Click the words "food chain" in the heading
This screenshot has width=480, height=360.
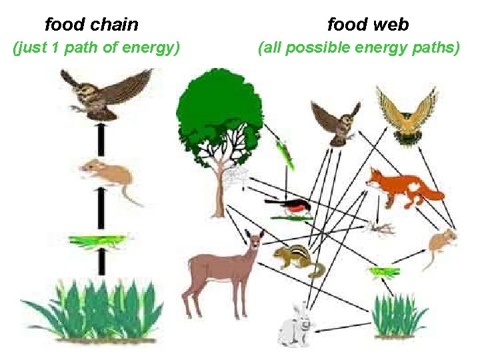[x=91, y=25]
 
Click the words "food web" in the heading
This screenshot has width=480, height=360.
[x=368, y=25]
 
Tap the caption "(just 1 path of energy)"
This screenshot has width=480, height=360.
[x=97, y=48]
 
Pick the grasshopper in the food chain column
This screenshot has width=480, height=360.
[x=99, y=239]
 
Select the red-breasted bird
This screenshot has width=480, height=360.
[x=293, y=207]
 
